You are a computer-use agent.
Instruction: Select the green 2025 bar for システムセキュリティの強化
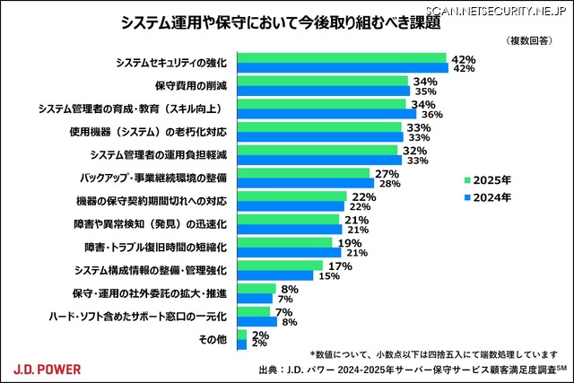[342, 58]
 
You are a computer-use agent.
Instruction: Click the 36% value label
[432, 114]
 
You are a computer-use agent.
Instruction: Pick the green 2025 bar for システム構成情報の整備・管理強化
[279, 265]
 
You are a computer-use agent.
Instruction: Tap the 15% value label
[330, 275]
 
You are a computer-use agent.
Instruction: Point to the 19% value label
[350, 242]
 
